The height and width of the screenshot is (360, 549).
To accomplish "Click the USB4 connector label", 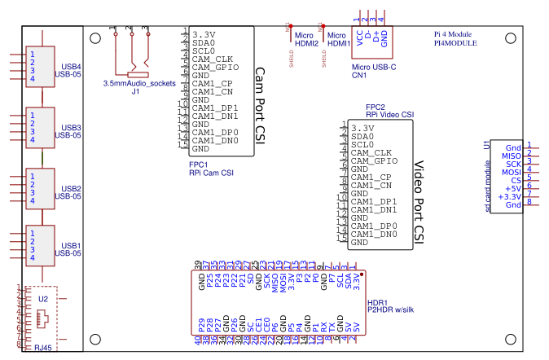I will pos(71,66).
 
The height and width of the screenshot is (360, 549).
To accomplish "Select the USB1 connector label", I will pos(71,245).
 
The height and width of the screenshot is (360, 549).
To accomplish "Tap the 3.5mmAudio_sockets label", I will pos(139,84).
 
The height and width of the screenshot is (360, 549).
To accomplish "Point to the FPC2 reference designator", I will pos(375,107).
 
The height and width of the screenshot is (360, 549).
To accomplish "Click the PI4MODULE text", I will pos(455,42).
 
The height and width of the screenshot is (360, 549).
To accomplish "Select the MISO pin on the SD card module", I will pos(511,156).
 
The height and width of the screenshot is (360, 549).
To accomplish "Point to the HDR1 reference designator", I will pos(377,301).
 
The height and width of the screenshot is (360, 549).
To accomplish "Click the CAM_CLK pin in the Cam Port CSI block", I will pos(213,59).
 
